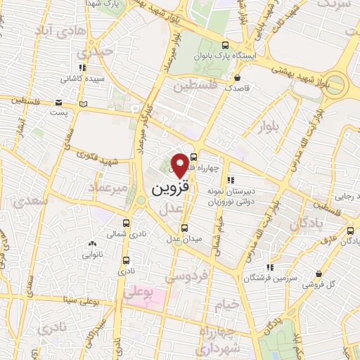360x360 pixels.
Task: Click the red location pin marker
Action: click(x=180, y=165)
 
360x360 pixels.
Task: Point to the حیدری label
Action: click(x=95, y=52)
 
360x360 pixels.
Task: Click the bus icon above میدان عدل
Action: click(x=185, y=227)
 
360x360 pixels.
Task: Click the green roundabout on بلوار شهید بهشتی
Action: click(x=335, y=85)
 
